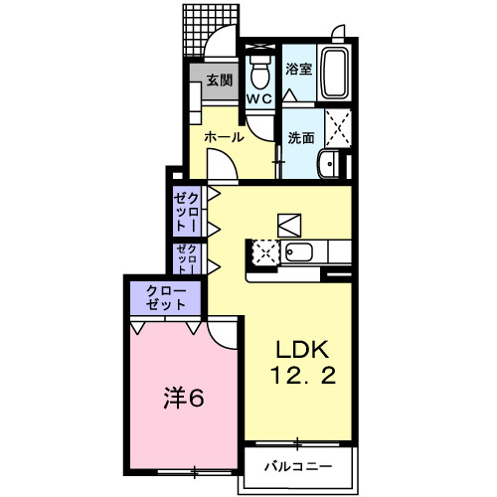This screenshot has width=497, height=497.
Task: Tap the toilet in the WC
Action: pos(260,72)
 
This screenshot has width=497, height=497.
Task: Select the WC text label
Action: pos(259,99)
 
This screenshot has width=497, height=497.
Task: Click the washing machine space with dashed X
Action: pos(338,128)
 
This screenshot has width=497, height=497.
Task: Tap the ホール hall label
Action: pos(225,137)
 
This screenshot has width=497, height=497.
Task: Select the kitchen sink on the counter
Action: pos(299,252)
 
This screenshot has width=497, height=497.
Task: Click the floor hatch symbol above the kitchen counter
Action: pos(288,224)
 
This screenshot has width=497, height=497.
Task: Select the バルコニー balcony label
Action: pos(297,465)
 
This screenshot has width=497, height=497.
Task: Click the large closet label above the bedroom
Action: pos(164,296)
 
